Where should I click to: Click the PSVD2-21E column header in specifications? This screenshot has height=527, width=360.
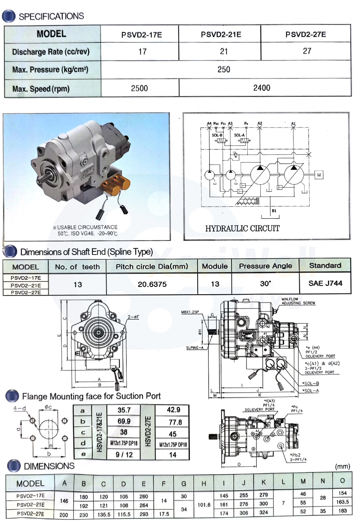pos(221,35)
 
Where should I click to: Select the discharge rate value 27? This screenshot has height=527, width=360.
pos(307,51)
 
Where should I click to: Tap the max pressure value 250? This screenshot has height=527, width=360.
pos(224,69)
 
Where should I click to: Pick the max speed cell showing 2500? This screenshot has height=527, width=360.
pos(139,88)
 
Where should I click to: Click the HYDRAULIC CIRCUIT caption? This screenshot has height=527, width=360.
pos(242,229)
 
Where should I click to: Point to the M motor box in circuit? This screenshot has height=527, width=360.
pos(319,175)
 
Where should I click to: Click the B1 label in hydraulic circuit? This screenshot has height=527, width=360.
pos(274,211)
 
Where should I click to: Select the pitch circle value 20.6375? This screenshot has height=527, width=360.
pos(152,284)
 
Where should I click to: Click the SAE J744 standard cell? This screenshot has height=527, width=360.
pos(325,283)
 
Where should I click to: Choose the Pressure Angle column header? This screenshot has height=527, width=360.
pos(265,266)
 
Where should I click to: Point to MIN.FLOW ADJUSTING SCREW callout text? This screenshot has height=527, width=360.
pos(298,301)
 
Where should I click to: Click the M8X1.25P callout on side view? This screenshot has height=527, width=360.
pos(190,312)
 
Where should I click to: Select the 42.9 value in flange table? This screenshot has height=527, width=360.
pos(173,410)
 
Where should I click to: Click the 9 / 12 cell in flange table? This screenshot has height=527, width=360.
pos(124,455)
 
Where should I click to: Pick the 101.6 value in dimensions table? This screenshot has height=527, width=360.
pos(204,505)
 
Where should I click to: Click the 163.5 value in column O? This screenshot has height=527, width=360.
pos(342,502)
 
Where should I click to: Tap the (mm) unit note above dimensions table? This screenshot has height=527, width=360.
pos(342,467)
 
